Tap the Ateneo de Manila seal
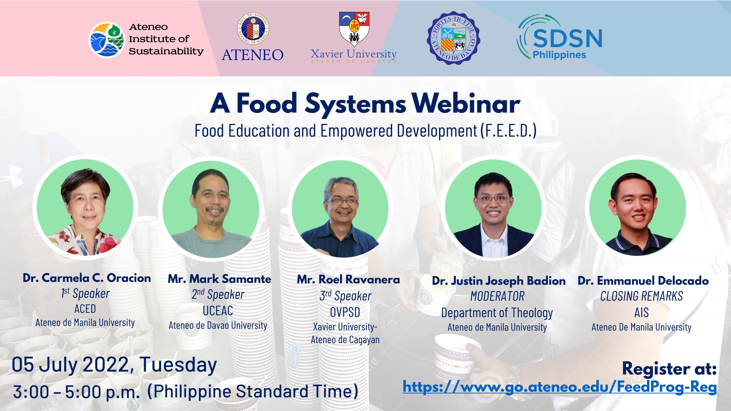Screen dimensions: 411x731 coord(253,28)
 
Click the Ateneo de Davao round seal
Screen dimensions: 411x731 coord(453,38)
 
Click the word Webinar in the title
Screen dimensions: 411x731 coord(466,104)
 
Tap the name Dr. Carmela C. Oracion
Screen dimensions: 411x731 coord(87,278)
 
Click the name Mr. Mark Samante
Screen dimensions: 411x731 coord(219,279)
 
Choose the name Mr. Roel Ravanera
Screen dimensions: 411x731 coord(348,280)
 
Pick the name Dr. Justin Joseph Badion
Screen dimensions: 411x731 coord(499,281)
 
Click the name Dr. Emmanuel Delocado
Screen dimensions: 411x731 coord(643,281)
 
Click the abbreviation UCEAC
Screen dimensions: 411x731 coord(218,311)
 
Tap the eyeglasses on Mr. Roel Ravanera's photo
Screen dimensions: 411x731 coord(343,201)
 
